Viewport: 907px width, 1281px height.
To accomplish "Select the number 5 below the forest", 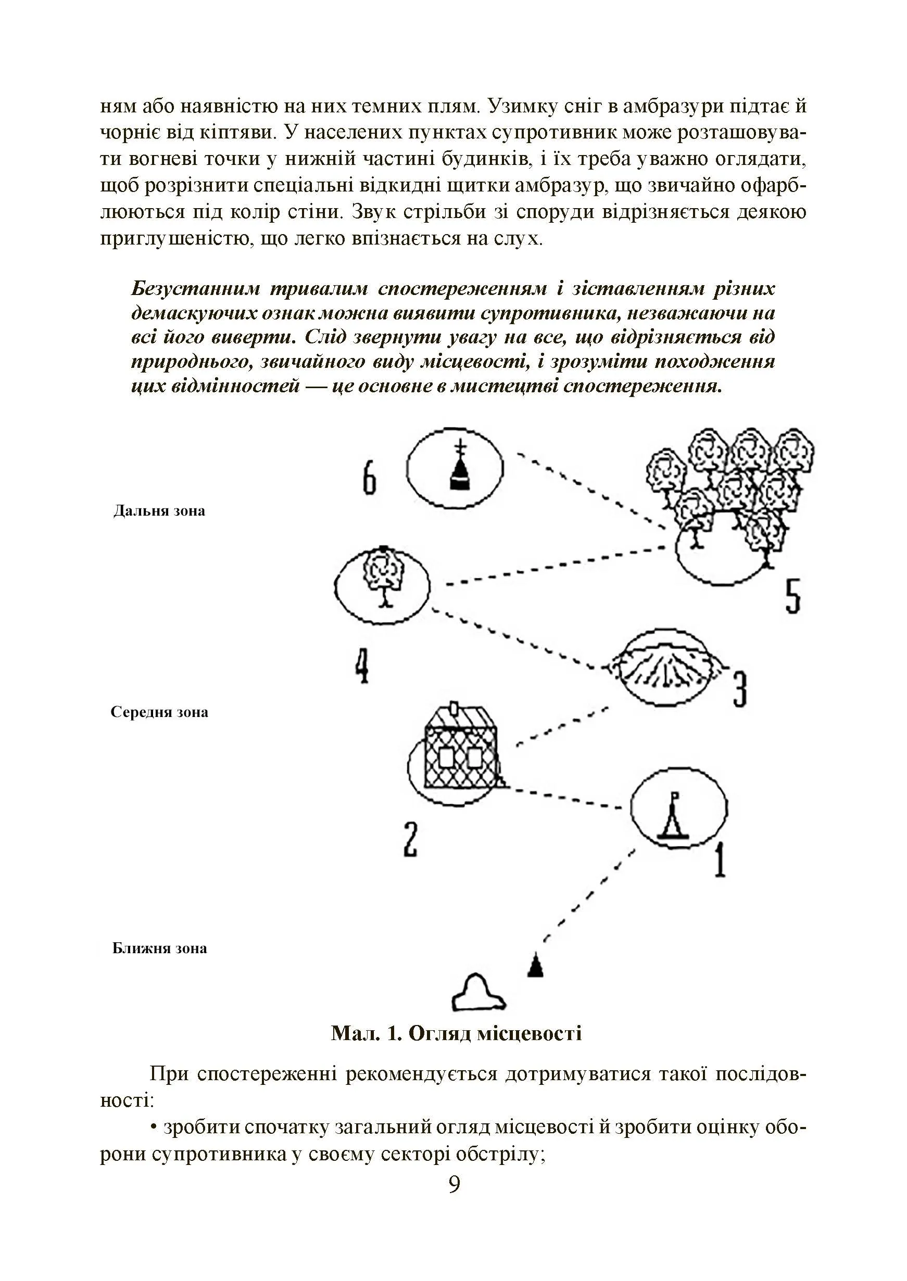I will point(793,596).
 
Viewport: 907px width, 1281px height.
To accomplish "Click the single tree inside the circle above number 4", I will point(383,576).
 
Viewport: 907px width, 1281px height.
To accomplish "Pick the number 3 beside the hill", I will point(740,689).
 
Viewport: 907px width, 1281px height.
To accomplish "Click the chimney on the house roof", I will point(454,709).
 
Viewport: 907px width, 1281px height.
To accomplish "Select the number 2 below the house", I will point(410,839).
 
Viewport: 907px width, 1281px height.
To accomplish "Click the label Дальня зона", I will point(159,511).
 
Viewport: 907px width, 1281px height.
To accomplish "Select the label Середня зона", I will point(159,712).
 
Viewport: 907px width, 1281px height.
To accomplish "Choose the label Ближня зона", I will point(159,949).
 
